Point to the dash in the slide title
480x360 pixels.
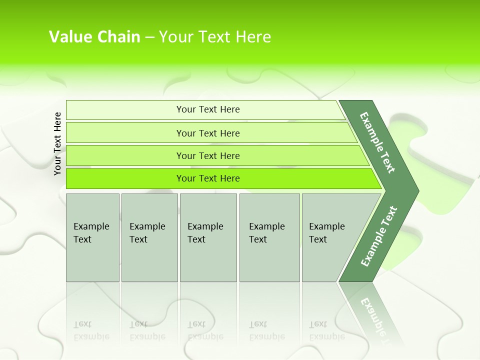point(149,37)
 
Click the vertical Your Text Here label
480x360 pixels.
point(57,143)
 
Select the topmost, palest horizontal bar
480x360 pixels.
point(207,109)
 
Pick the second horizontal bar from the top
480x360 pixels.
point(207,133)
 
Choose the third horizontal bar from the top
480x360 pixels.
point(207,155)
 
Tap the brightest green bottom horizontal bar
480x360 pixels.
point(207,178)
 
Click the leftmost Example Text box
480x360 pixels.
point(92,237)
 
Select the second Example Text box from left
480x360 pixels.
point(149,237)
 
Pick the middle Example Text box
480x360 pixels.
point(208,237)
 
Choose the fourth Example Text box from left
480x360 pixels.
point(269,237)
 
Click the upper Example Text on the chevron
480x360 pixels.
point(377,142)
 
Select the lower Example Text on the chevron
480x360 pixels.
point(378,236)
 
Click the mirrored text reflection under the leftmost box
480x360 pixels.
point(91,330)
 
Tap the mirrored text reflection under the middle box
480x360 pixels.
point(205,330)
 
